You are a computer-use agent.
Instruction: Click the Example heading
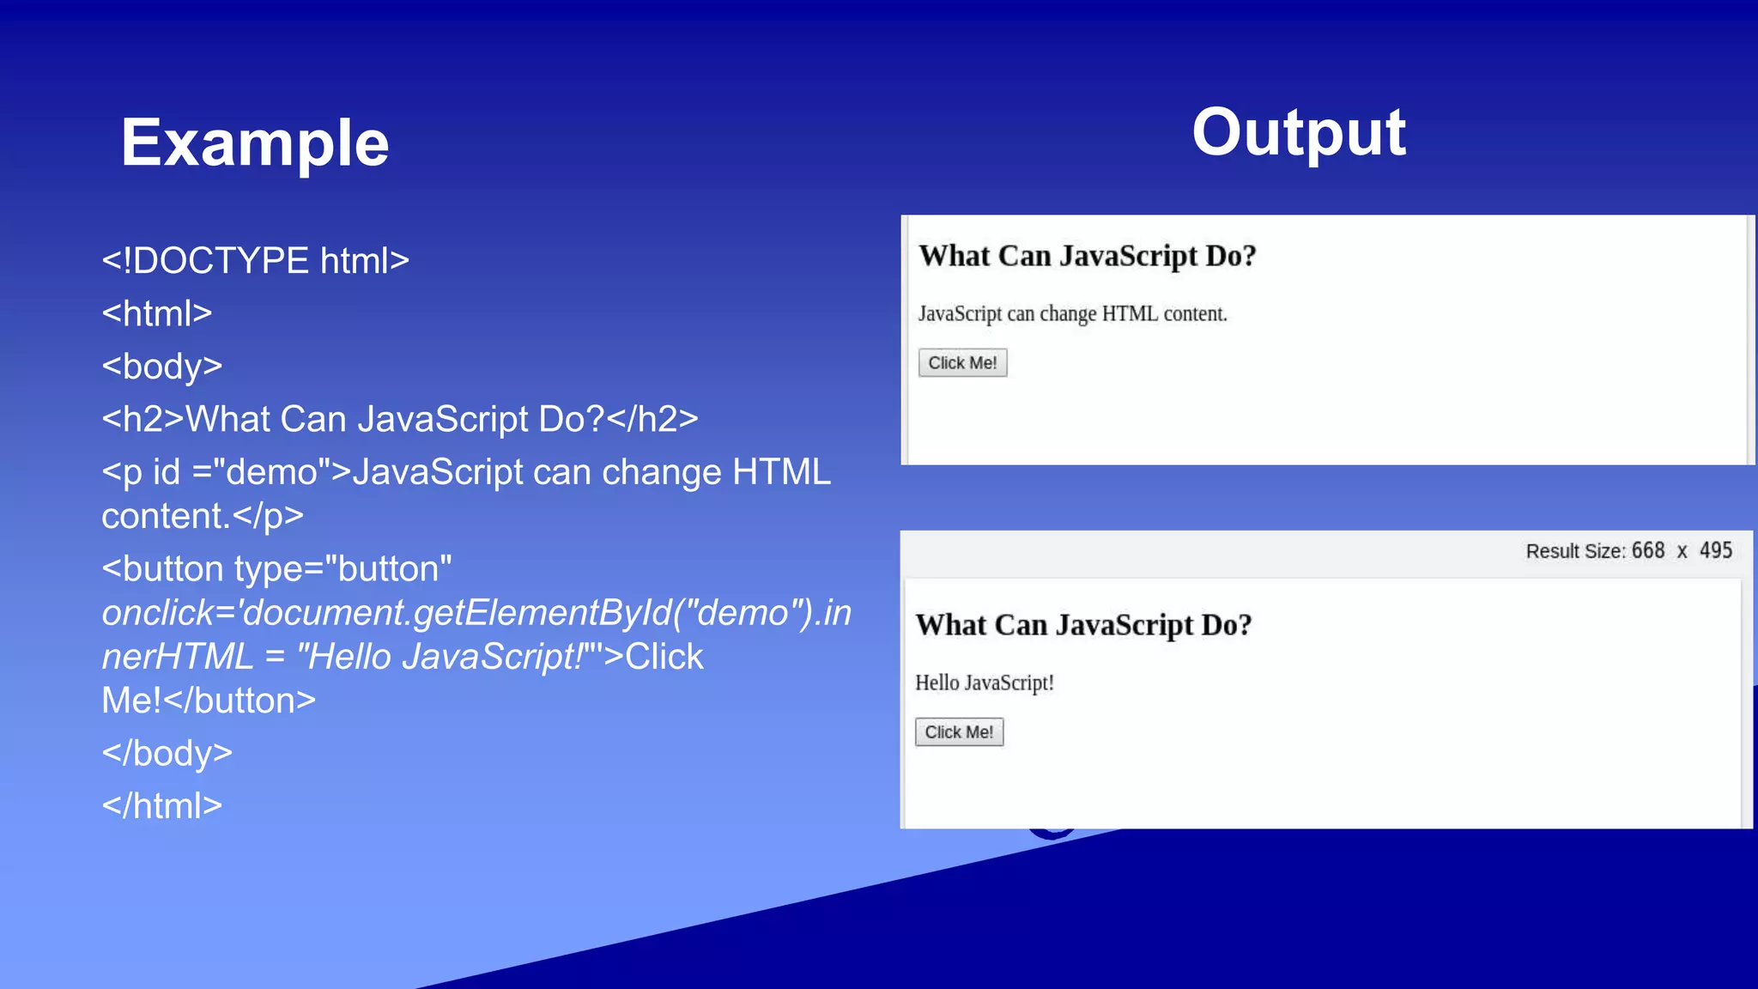coord(254,143)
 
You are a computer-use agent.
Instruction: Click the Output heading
coord(1298,133)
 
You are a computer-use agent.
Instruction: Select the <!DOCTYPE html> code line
coord(255,261)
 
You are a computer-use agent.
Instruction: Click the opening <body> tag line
coord(161,367)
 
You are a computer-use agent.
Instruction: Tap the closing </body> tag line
coord(167,753)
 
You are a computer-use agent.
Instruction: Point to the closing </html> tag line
coord(161,806)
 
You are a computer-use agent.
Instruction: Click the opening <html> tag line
coord(156,313)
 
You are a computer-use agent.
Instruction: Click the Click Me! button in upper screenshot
coord(962,363)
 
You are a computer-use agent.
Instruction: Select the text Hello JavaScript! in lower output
coord(984,683)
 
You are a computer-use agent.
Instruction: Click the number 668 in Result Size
coord(1647,551)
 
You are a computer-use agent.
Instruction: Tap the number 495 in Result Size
coord(1715,551)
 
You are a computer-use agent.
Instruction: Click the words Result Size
coord(1574,552)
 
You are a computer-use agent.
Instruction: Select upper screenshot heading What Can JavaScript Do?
coord(1087,257)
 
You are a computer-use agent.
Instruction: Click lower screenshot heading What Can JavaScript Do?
coord(1083,625)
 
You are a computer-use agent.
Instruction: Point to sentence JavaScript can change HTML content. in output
coord(1072,314)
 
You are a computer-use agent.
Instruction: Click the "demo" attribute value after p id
coord(272,472)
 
